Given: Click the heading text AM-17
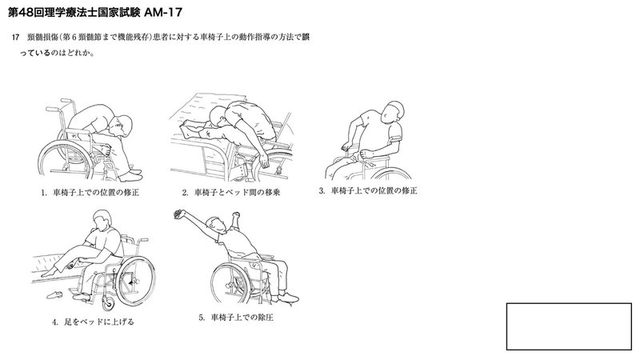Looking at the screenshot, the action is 163,12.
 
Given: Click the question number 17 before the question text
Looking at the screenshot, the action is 15,37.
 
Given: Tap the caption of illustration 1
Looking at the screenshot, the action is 90,192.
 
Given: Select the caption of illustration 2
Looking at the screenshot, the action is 231,192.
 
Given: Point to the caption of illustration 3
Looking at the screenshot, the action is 368,190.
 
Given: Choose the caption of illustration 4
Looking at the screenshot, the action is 93,322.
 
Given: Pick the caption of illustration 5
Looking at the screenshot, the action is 236,317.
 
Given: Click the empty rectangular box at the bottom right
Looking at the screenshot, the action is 569,326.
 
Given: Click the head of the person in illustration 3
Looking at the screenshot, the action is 392,111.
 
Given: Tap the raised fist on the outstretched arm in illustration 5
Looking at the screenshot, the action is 178,214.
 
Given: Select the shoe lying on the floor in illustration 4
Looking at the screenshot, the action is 54,294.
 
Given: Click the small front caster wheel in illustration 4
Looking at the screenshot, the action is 108,304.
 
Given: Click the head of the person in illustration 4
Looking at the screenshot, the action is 102,221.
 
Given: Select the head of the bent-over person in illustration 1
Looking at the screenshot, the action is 122,126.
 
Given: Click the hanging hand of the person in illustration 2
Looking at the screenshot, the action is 265,161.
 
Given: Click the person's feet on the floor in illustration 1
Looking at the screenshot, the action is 131,175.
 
